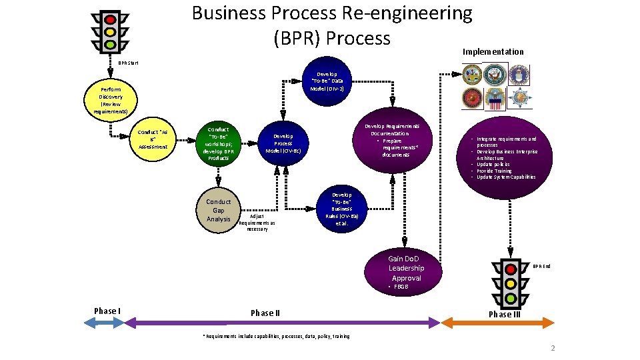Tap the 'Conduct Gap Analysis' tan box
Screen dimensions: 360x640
[x=218, y=210]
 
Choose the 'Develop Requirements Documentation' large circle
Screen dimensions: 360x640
[x=392, y=141]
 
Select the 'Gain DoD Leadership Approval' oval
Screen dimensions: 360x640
[x=406, y=268]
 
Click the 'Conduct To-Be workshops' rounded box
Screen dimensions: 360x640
[x=218, y=143]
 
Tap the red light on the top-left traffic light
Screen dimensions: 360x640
[x=111, y=18]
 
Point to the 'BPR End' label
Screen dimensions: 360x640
[x=541, y=267]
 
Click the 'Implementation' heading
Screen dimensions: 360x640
[x=493, y=51]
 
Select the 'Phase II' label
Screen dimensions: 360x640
[x=265, y=313]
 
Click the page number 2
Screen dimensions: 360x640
[x=552, y=349]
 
